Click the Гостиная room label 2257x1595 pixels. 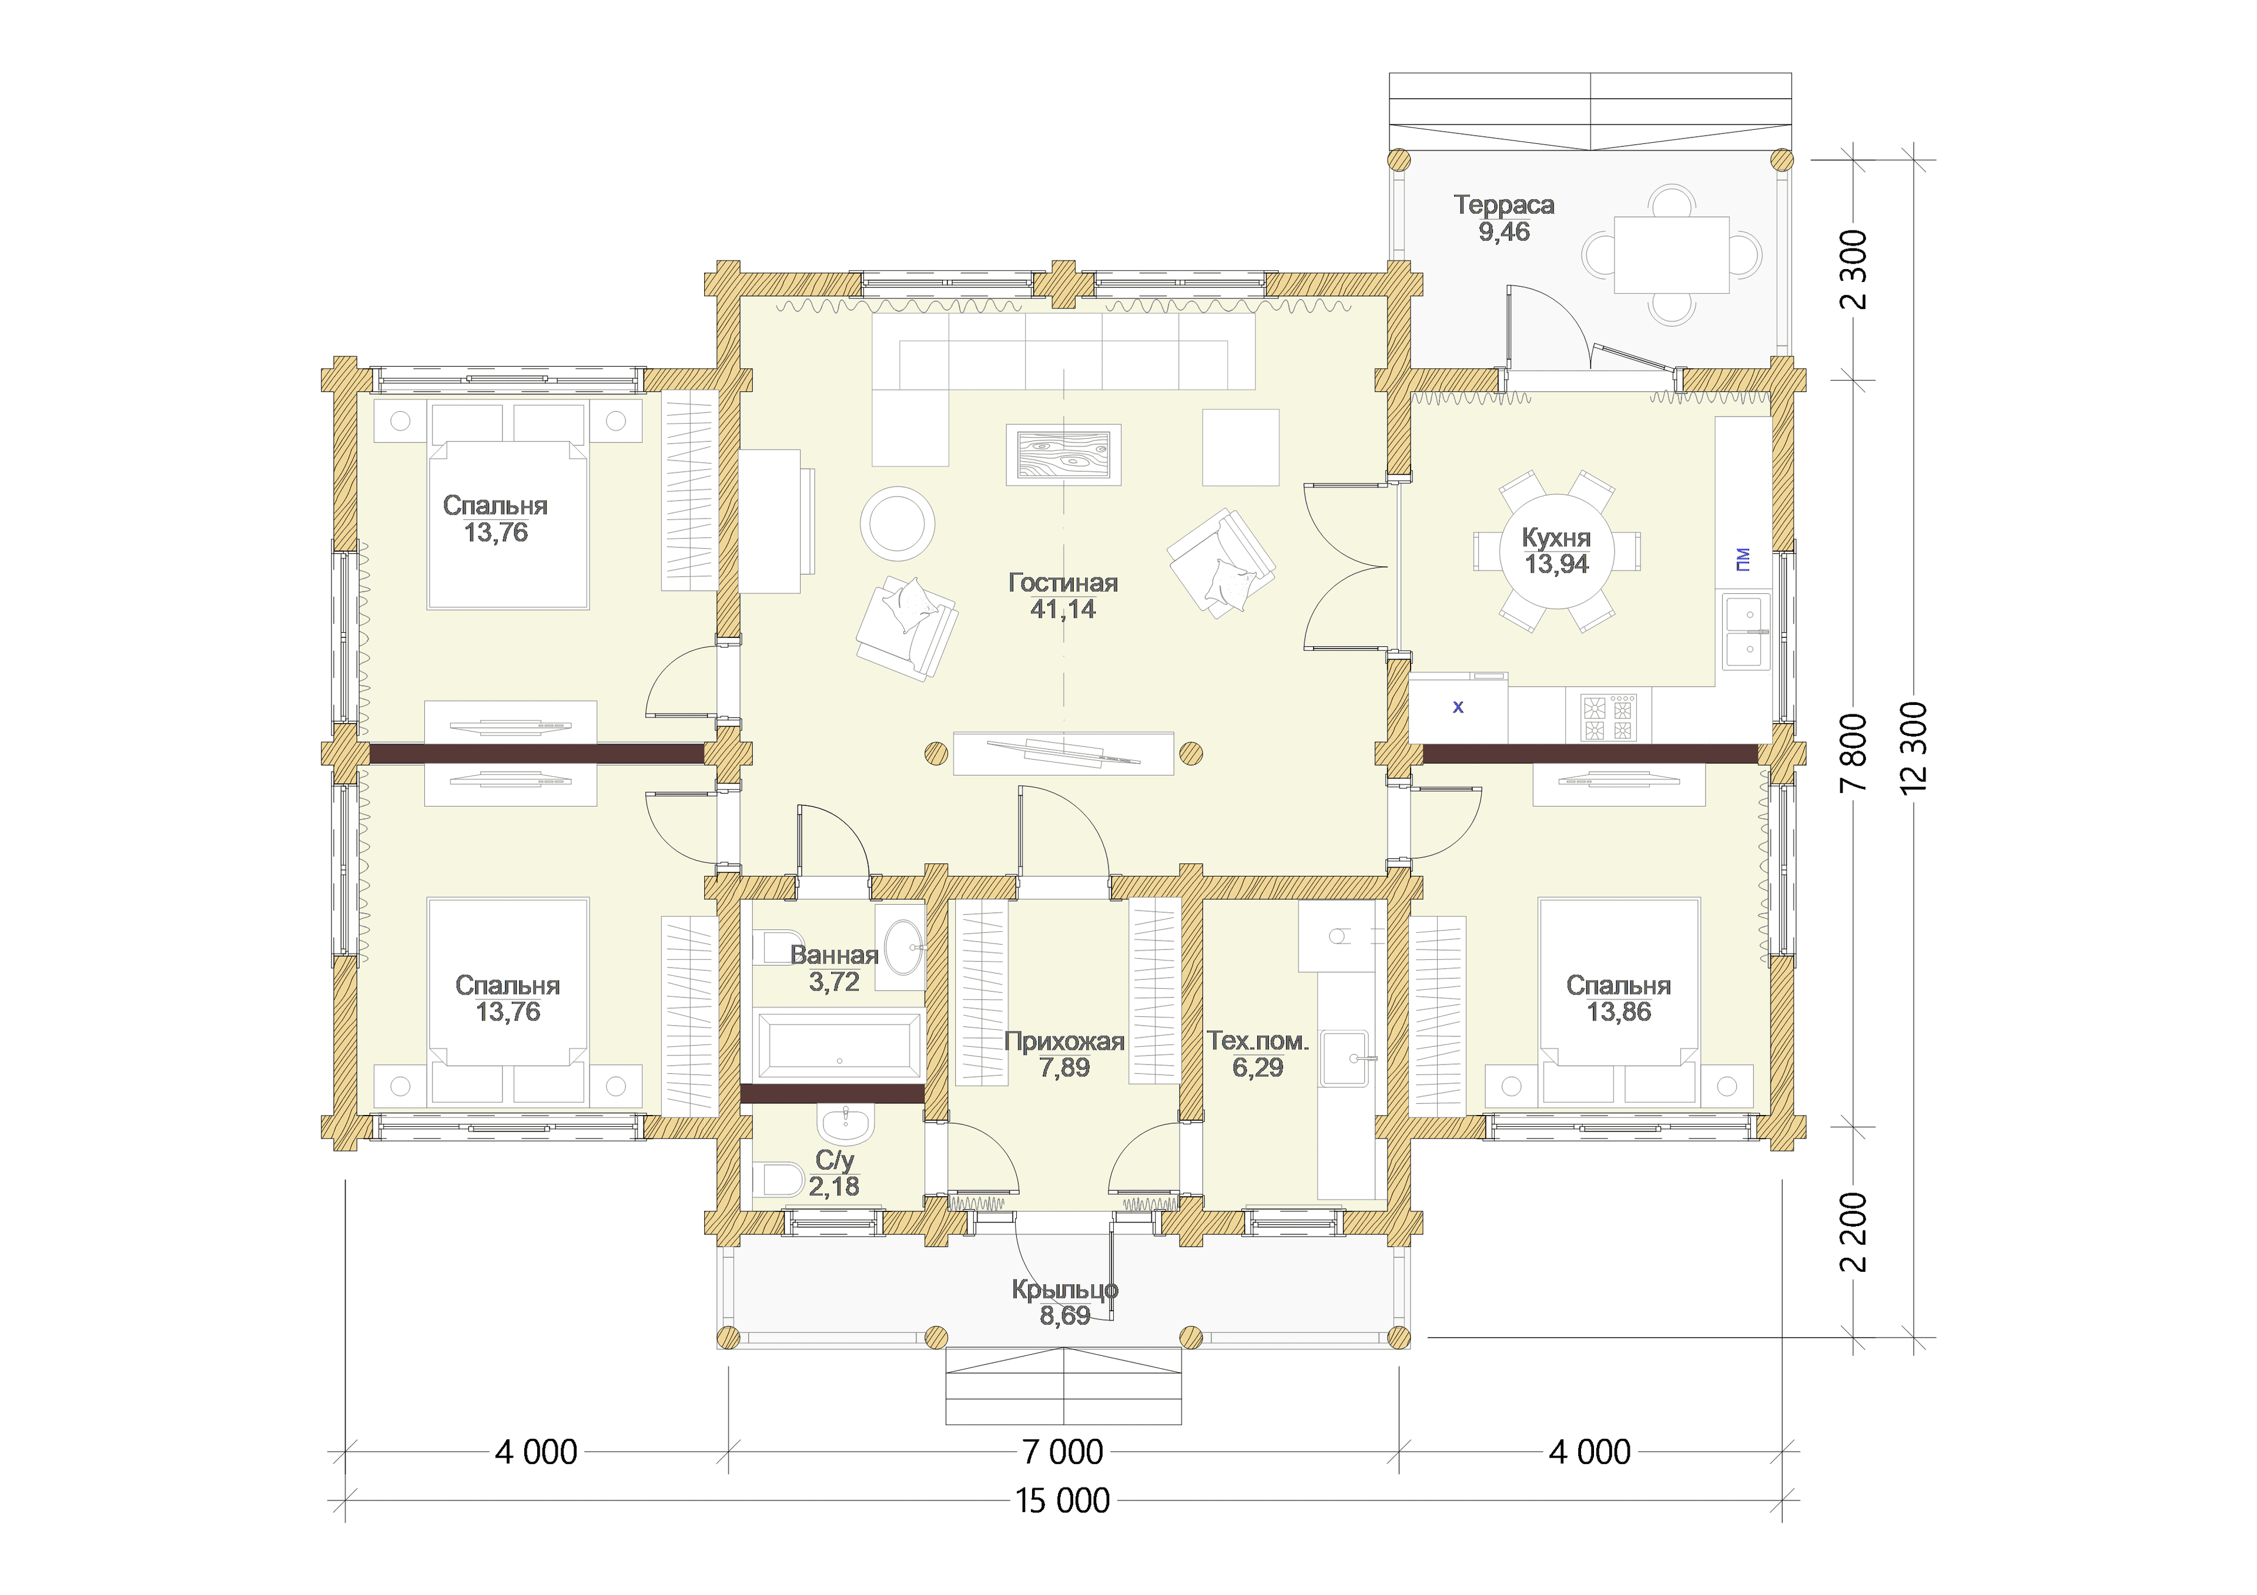(x=1063, y=583)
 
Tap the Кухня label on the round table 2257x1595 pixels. (x=1556, y=538)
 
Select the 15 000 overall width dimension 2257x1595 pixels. (x=1063, y=1500)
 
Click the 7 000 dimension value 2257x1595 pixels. (x=1063, y=1452)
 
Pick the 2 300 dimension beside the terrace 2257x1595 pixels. (x=1853, y=269)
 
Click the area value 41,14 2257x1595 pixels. (x=1063, y=609)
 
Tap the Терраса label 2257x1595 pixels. (x=1504, y=206)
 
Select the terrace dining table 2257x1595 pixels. (x=1671, y=254)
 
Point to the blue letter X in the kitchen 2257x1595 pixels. (x=1458, y=707)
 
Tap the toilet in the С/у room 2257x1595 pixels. (x=779, y=1178)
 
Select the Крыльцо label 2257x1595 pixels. (x=1064, y=1290)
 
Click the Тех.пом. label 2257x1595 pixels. (x=1257, y=1041)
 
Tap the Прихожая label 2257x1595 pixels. (x=1064, y=1042)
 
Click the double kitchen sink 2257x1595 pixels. (x=1745, y=630)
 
